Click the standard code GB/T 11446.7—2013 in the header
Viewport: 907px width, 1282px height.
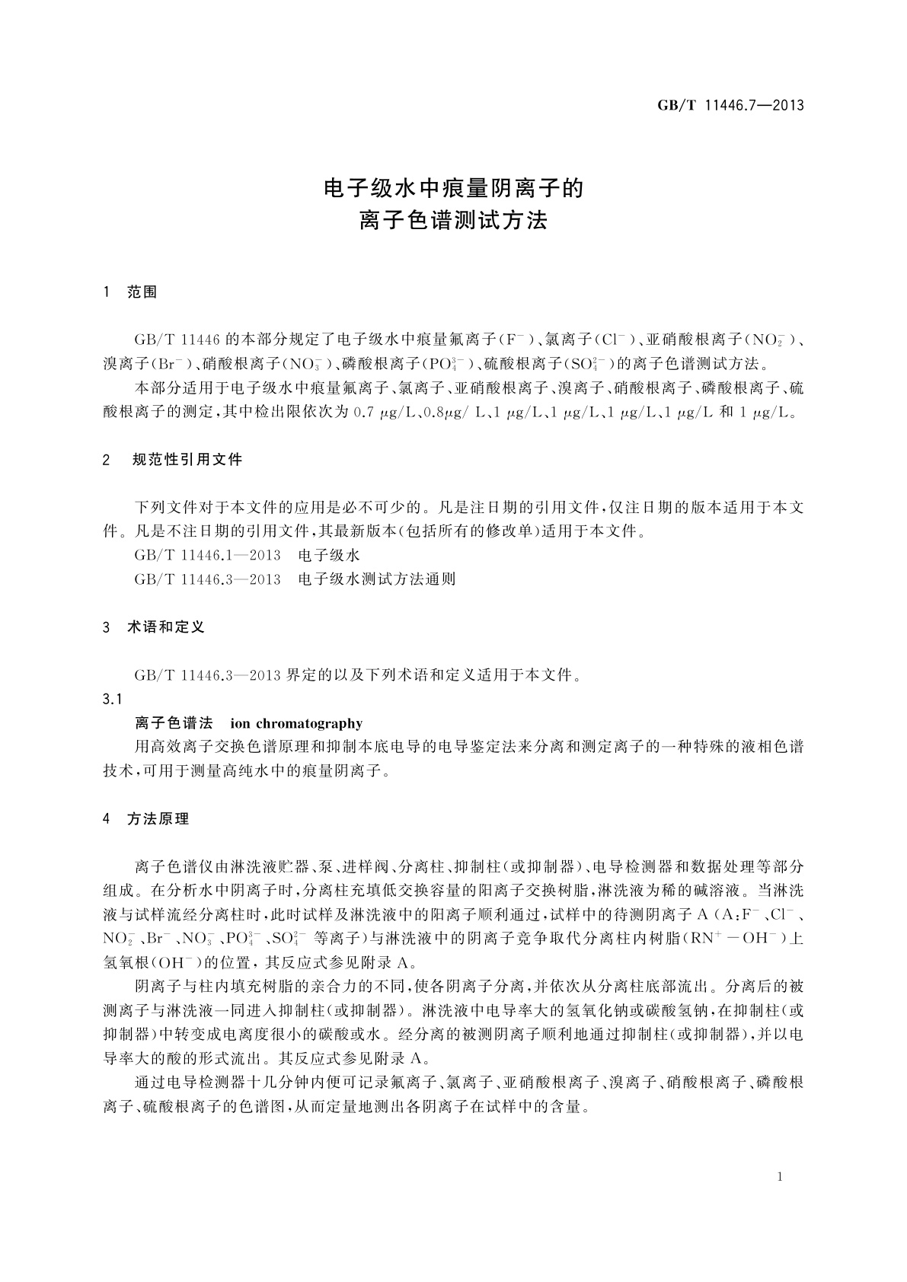click(730, 106)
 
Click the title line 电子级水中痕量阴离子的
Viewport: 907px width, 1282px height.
click(453, 188)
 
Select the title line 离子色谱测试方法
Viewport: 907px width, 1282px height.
click(453, 222)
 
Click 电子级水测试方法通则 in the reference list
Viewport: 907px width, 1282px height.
click(377, 579)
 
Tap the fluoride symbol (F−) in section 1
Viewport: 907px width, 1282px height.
click(517, 338)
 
